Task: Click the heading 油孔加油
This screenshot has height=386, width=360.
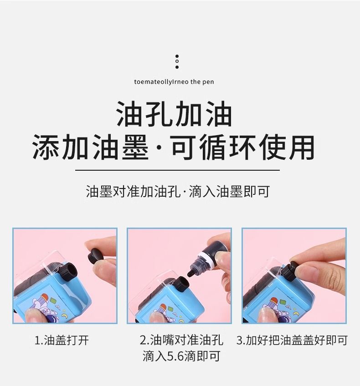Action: pos(174,114)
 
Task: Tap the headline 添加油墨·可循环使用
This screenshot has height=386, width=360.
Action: pos(174,147)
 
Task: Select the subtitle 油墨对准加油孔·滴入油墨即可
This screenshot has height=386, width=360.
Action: pos(178,192)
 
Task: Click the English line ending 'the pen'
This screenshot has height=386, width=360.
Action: pos(174,82)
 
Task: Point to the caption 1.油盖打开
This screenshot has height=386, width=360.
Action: pos(62,340)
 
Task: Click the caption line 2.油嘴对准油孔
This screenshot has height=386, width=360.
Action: pos(181,340)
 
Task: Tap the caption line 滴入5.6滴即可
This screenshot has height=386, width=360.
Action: pos(181,356)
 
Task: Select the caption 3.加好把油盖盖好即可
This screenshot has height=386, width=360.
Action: pos(292,340)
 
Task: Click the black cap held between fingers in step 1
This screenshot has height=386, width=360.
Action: pos(96,255)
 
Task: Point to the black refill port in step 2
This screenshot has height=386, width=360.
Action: pos(181,284)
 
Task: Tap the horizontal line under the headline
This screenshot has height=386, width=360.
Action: pos(177,170)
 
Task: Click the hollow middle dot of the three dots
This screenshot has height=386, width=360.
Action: pos(177,61)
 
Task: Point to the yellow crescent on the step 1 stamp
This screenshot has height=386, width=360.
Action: pos(65,315)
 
